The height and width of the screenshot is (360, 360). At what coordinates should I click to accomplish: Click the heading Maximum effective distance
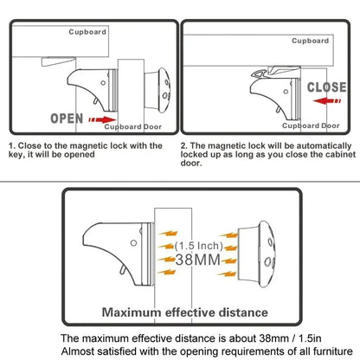tap(180, 311)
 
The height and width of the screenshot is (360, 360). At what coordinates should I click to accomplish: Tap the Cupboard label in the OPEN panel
tap(89, 33)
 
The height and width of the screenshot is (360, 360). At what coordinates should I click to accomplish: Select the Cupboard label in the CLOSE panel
tap(308, 40)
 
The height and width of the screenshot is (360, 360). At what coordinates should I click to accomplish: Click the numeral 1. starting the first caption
tap(11, 146)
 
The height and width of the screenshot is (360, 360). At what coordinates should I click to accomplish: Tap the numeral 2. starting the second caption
tap(184, 146)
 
